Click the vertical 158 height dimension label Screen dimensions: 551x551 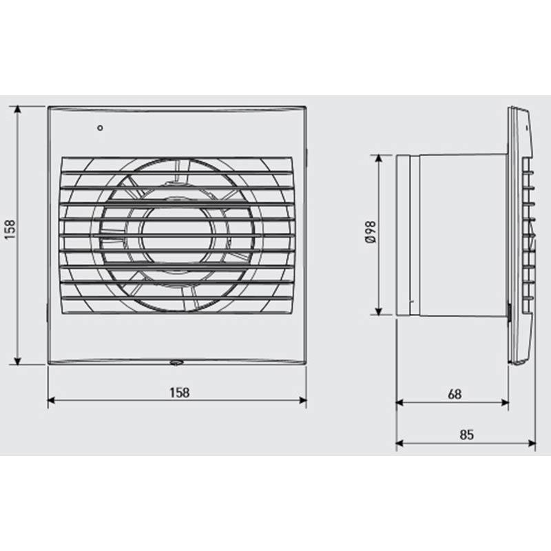click(10, 230)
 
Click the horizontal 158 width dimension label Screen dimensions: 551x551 click(180, 393)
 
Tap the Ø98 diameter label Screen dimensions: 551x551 click(371, 232)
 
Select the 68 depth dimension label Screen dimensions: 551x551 click(455, 394)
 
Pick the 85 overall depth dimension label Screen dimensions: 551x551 click(467, 435)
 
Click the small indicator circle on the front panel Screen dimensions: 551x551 click(100, 128)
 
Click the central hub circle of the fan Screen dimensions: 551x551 click(178, 235)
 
